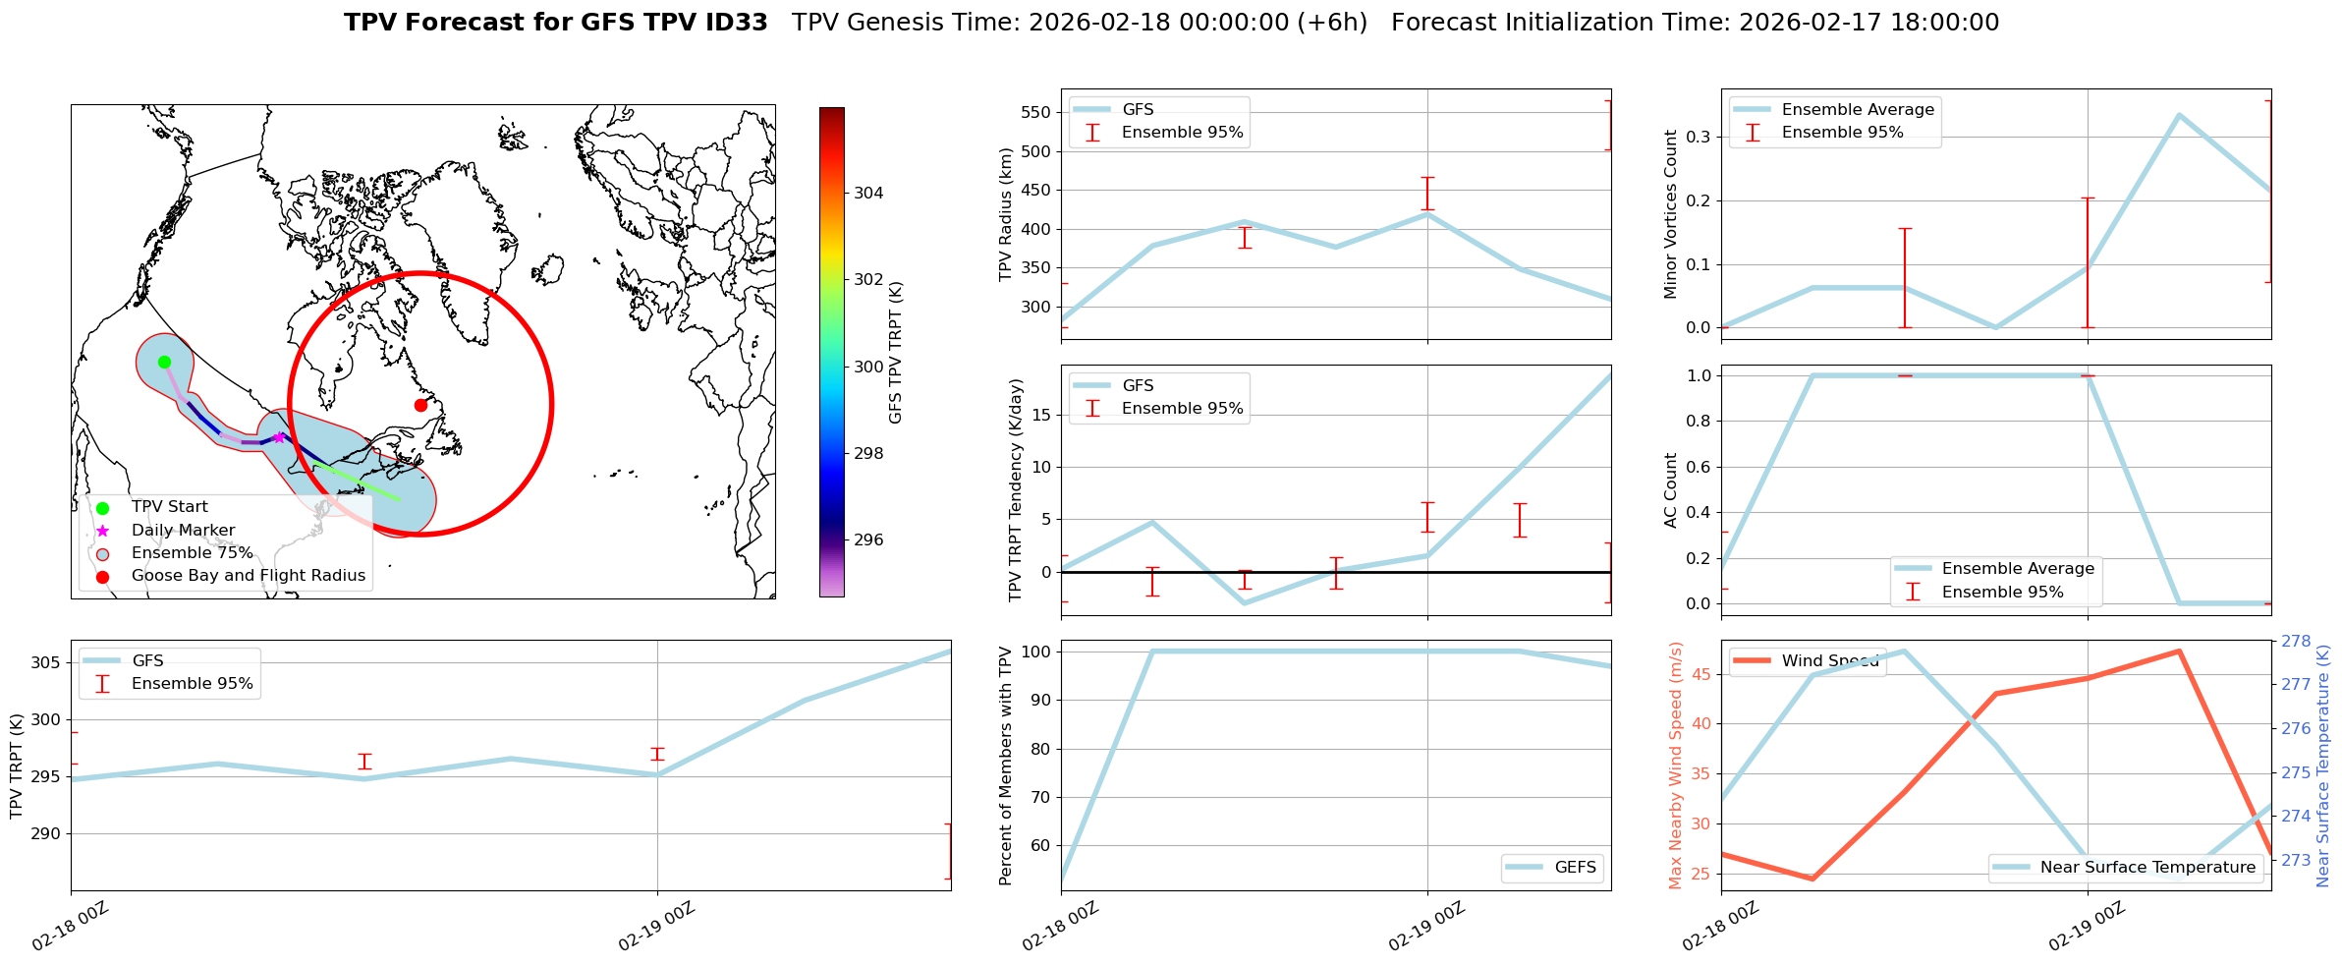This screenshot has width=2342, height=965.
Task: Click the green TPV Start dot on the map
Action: (164, 362)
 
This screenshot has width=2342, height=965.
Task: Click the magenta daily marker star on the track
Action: (279, 437)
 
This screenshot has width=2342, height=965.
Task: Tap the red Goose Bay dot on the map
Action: (420, 405)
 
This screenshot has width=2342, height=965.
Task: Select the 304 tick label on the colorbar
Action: (868, 193)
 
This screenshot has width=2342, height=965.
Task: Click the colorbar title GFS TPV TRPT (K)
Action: (896, 353)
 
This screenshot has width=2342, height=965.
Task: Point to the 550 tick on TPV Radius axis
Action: (1035, 112)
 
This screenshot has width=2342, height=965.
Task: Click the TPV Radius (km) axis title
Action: (1006, 214)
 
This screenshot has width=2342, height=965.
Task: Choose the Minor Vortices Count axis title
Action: (1671, 214)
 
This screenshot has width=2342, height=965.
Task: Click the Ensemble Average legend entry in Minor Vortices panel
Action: (1858, 109)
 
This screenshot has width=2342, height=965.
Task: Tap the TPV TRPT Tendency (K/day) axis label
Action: (1016, 489)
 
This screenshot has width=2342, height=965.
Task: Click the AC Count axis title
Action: (1671, 490)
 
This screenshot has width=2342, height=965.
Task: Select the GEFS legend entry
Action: (1575, 867)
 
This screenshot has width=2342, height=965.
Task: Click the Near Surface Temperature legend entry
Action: (2147, 867)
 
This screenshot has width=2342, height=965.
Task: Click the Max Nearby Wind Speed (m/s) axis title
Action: (1676, 766)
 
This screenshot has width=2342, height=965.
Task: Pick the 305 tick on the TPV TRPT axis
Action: (45, 662)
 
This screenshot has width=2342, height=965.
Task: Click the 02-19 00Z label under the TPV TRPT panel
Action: (656, 927)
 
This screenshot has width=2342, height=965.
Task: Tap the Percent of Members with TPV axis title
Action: (1006, 766)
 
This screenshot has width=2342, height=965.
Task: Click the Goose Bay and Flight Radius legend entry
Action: (248, 576)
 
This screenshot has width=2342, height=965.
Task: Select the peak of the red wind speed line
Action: (2179, 651)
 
